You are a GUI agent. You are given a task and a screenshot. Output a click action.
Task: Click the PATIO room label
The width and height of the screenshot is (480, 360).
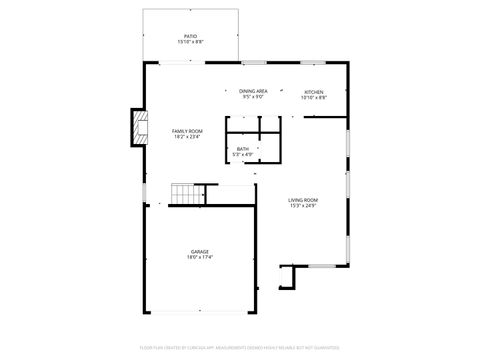[190, 36]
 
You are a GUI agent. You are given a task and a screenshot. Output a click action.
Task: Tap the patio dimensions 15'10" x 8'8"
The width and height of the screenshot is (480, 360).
[190, 42]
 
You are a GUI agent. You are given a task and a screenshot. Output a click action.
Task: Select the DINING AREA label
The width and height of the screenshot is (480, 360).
[252, 91]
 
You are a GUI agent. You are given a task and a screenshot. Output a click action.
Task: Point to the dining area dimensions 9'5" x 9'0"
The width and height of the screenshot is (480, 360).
[252, 97]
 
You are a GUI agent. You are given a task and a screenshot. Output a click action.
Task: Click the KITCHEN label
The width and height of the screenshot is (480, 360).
[313, 91]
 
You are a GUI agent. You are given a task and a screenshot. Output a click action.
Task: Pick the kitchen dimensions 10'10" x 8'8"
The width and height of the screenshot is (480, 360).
[313, 97]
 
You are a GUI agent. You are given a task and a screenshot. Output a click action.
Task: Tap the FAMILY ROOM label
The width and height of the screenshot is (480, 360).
[187, 131]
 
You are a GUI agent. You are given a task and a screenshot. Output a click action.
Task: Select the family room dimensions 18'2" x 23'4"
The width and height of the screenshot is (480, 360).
[187, 137]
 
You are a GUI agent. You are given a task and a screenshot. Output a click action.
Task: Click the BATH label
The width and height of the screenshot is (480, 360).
[243, 149]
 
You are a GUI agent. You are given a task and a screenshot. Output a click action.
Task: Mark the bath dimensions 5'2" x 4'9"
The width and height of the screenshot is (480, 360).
[243, 155]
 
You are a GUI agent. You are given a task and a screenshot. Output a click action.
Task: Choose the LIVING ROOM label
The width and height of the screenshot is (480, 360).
[303, 200]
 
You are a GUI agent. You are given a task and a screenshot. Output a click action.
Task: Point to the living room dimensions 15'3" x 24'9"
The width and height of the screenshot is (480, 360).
[303, 206]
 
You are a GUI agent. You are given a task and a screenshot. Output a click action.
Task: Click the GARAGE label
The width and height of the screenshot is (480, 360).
[200, 251]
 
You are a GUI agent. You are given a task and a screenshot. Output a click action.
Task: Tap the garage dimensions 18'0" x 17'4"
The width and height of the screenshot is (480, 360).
[200, 257]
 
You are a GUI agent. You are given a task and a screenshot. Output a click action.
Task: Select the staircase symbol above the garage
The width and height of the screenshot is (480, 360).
[183, 192]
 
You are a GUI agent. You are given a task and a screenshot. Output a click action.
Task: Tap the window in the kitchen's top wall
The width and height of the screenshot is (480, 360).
[311, 63]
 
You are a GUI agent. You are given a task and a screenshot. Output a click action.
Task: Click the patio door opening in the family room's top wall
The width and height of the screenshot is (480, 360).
[177, 63]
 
